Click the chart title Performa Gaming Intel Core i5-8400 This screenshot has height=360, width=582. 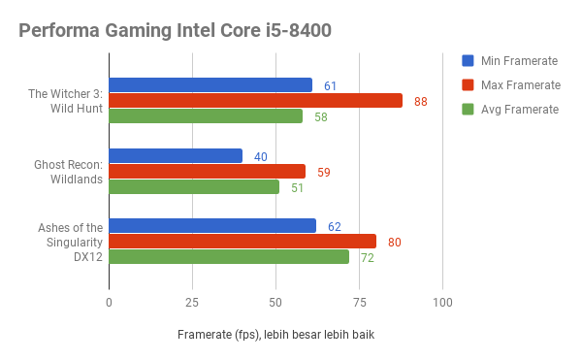175,31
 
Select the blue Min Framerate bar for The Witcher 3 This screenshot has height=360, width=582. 210,85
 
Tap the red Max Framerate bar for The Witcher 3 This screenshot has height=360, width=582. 255,101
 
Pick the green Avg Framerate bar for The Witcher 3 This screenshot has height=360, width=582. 206,116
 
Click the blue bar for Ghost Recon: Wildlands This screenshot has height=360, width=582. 176,156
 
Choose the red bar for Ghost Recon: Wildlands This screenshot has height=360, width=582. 207,172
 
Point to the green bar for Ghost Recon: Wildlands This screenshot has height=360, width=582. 194,187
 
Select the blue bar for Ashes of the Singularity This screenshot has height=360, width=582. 212,226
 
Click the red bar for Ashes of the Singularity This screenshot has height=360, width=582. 242,242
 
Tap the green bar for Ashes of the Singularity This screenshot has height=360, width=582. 229,257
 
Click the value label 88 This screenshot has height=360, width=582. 420,102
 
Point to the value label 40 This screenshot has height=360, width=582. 260,157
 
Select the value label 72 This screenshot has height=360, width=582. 367,258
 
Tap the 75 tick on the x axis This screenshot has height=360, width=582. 359,303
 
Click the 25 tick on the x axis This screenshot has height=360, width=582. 192,303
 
